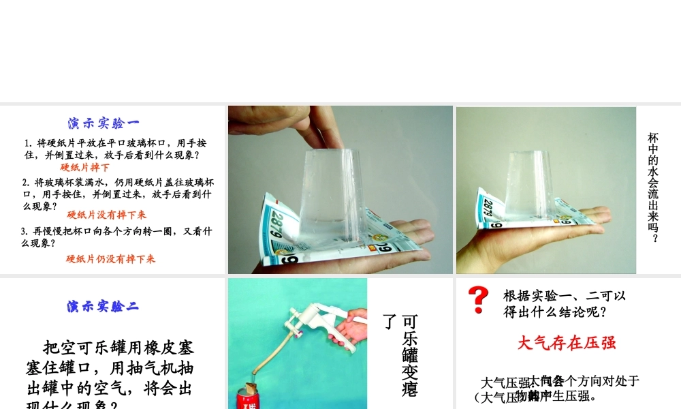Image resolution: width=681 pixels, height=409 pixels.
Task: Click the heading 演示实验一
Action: click(x=104, y=123)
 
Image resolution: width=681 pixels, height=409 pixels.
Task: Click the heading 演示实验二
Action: click(x=103, y=306)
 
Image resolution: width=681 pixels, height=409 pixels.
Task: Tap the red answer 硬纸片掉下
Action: click(x=84, y=167)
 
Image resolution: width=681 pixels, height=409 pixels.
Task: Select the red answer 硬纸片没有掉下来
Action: click(x=106, y=215)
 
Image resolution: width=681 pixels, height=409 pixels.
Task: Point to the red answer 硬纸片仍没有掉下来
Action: click(x=110, y=259)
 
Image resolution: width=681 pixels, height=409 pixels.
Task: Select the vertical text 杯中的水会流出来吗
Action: click(x=653, y=187)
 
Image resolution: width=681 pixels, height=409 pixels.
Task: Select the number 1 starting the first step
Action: click(x=27, y=144)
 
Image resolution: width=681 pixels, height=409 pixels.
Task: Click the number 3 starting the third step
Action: click(x=24, y=231)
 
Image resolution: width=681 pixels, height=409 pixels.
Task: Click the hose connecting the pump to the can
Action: click(x=266, y=354)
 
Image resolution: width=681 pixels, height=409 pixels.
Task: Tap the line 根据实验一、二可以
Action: click(x=564, y=296)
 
